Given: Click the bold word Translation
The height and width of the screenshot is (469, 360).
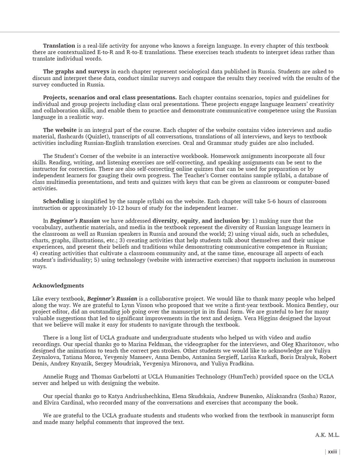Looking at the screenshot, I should pyautogui.click(x=59, y=46).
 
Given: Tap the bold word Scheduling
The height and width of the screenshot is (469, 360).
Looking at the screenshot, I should pyautogui.click(x=58, y=201).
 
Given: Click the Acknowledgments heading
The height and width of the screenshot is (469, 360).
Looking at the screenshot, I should pyautogui.click(x=58, y=286).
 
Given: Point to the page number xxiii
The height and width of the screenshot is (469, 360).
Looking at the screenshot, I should pyautogui.click(x=332, y=452).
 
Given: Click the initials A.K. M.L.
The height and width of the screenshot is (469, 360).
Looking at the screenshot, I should pyautogui.click(x=327, y=435).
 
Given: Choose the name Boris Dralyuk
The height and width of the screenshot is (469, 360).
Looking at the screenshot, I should pyautogui.click(x=287, y=357).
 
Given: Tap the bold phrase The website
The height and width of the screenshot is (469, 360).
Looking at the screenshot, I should pyautogui.click(x=60, y=130).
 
